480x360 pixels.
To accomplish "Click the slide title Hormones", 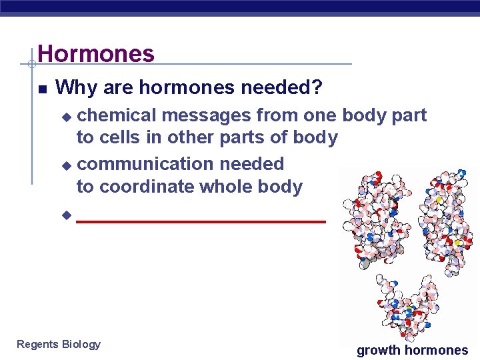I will click(96, 53).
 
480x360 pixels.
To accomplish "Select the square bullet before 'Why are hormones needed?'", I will click(42, 88).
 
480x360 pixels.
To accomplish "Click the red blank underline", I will click(201, 221).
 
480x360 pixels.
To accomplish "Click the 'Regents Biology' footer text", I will click(59, 344).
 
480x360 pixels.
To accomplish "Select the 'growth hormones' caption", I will click(412, 350).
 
